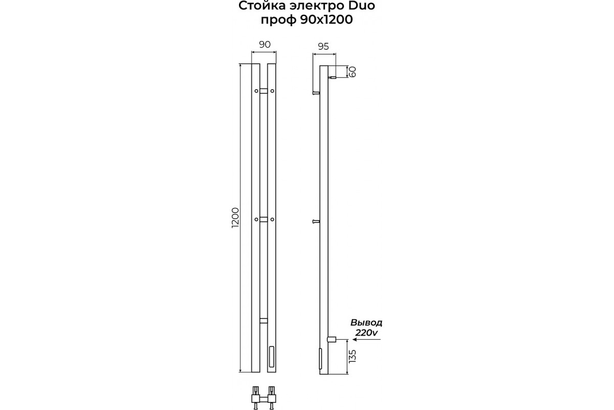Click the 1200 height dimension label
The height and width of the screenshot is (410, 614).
tap(236, 217)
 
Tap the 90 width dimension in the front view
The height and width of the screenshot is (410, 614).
tap(265, 45)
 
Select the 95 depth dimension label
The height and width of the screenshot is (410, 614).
tap(323, 47)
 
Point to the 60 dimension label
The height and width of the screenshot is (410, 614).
tap(353, 72)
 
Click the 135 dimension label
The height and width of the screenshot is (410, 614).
tap(353, 356)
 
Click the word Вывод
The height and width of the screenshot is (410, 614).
tap(366, 323)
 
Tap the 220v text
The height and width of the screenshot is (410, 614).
tap(366, 333)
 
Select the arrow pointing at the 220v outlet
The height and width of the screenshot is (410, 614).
tap(367, 340)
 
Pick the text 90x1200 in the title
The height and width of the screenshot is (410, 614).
tap(326, 20)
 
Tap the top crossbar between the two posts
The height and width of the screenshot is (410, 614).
tap(264, 91)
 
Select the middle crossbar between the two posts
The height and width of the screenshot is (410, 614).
tap(264, 219)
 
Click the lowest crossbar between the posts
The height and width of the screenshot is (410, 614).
tap(264, 320)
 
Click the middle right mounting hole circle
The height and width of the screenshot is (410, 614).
tap(272, 219)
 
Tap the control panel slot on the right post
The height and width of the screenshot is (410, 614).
tap(272, 357)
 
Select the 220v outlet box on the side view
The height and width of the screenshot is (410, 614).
tap(332, 340)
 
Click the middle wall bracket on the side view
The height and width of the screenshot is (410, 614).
tap(316, 221)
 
